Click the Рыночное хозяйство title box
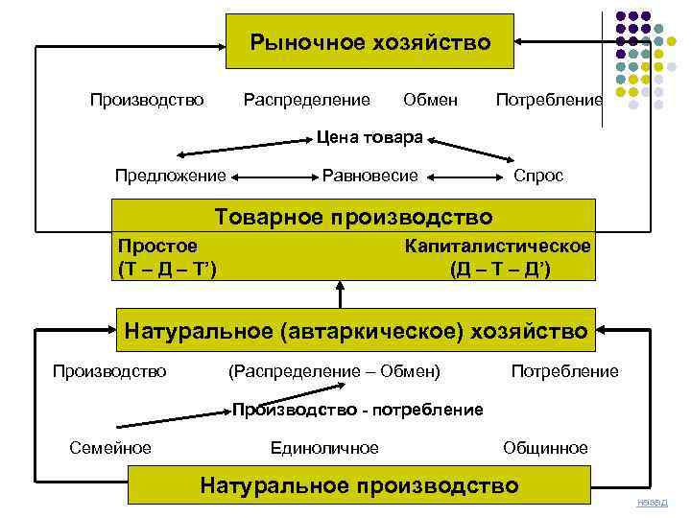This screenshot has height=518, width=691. click(370, 42)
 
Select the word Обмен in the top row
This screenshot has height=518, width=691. click(430, 100)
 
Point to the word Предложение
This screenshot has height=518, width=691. click(171, 176)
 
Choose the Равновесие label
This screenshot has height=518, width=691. click(370, 176)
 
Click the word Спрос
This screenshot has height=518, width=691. click(538, 176)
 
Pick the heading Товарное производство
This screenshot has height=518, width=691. click(354, 217)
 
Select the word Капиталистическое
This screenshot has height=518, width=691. click(498, 247)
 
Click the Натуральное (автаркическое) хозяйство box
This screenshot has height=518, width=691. click(356, 332)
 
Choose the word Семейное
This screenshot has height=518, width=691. click(111, 448)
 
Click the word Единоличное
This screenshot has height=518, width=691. click(325, 448)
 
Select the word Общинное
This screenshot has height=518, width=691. click(546, 448)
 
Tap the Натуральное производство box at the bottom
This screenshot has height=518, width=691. click(360, 485)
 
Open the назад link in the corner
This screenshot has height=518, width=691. click(652, 503)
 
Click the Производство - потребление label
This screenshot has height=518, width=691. click(358, 410)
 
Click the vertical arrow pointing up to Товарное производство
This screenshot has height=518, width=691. click(340, 294)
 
